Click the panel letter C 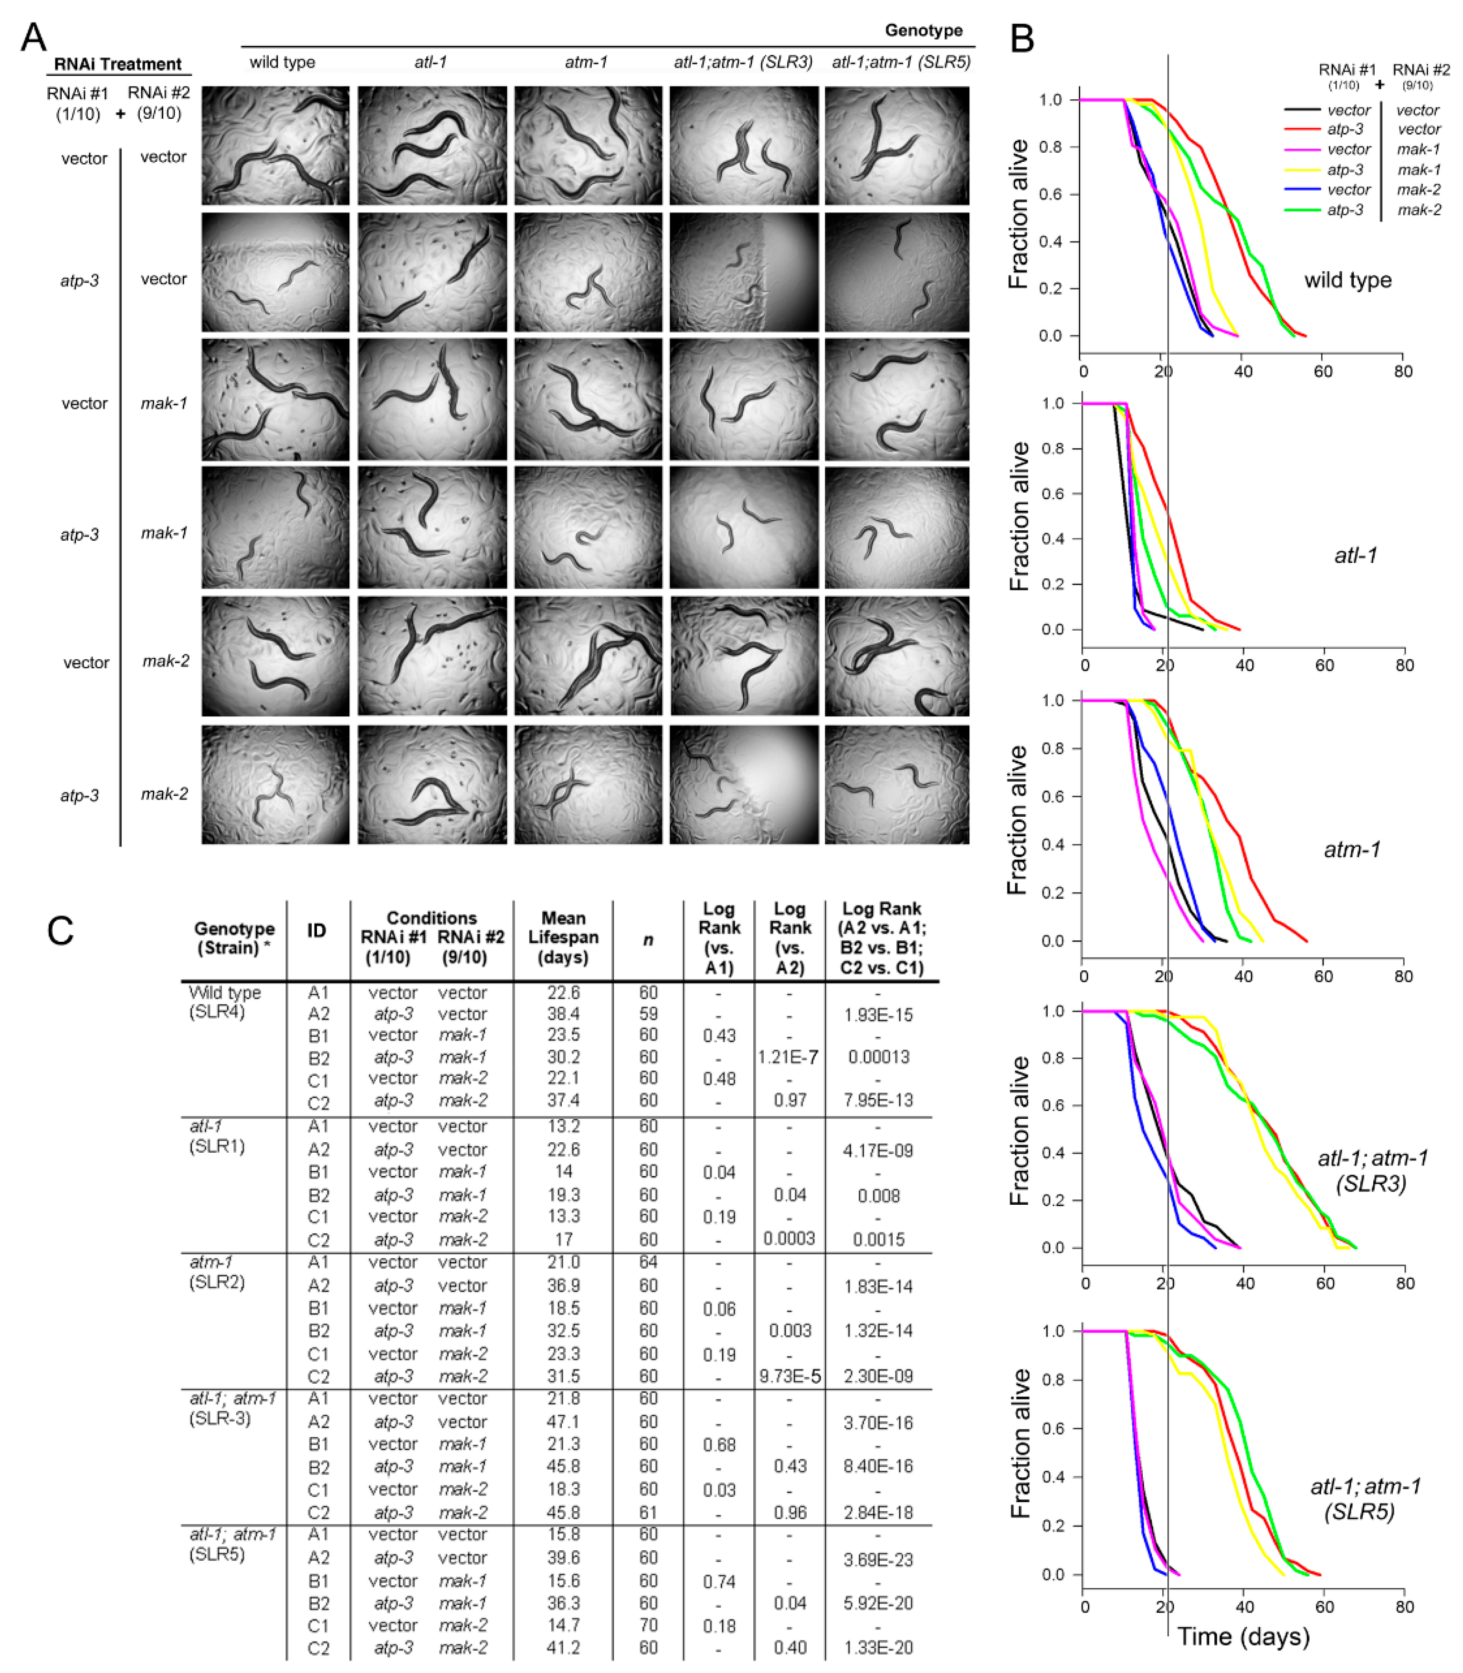61,930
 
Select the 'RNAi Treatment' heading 117,63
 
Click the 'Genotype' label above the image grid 923,30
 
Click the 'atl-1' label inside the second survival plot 1355,555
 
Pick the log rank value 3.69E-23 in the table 878,1559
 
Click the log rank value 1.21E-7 788,1057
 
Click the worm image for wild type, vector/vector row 275,145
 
